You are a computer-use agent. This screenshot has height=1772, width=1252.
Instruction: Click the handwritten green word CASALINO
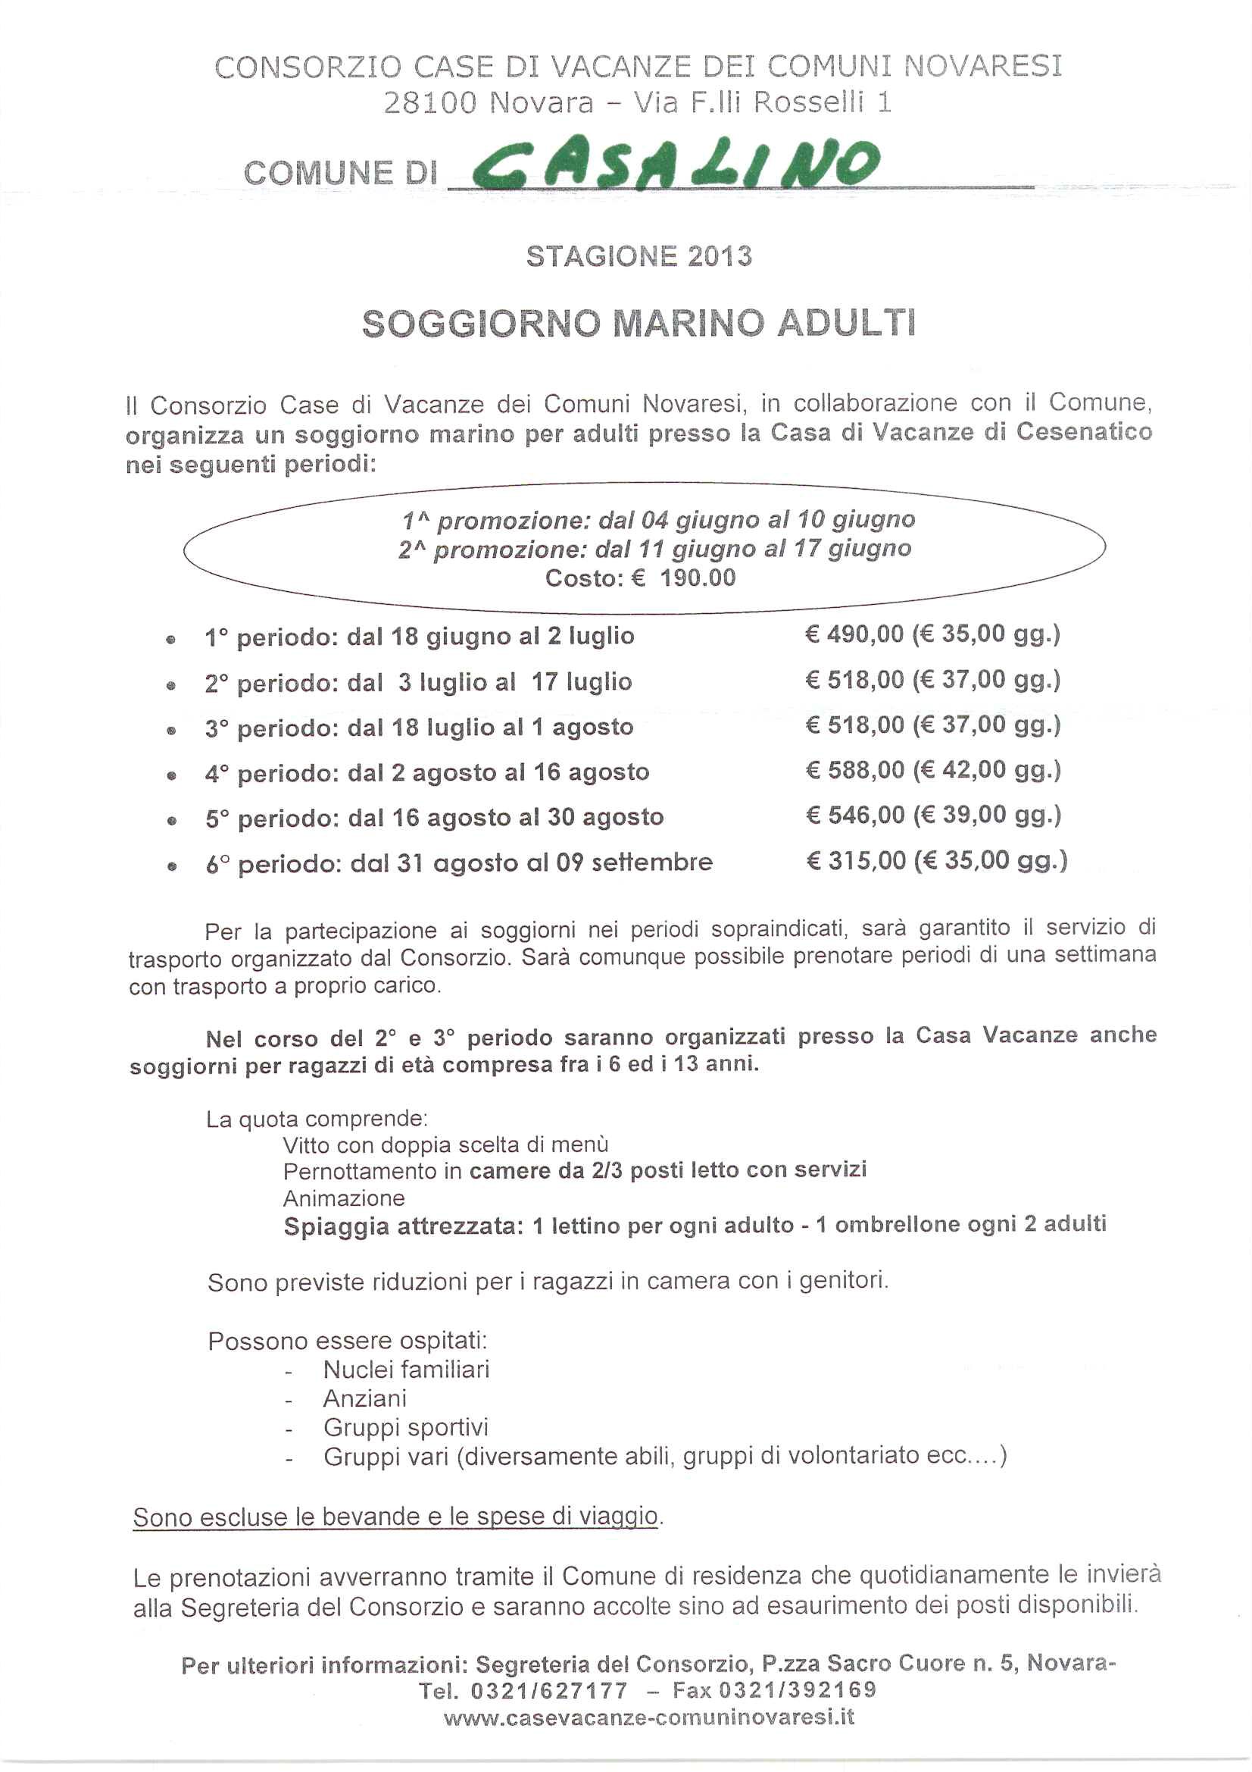click(675, 164)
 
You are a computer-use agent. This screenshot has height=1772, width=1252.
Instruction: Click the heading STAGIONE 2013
click(638, 256)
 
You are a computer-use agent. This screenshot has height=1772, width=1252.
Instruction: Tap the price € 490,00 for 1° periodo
click(854, 634)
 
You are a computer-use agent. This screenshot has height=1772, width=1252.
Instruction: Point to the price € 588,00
click(854, 769)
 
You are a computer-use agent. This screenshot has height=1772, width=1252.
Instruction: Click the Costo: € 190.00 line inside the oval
click(640, 578)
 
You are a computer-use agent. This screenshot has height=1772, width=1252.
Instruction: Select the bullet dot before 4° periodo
click(171, 775)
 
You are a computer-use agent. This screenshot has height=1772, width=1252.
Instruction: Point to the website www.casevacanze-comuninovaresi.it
click(649, 1717)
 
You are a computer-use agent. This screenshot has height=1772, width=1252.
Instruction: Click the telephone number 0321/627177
click(548, 1690)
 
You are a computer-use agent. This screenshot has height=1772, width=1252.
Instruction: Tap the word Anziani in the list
click(365, 1398)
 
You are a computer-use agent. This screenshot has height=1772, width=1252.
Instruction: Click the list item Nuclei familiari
click(406, 1369)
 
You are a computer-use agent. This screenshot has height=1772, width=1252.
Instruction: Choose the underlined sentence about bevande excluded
click(395, 1517)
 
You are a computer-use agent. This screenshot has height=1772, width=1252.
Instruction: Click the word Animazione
click(343, 1198)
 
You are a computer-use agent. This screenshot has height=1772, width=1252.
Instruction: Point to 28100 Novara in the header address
click(489, 102)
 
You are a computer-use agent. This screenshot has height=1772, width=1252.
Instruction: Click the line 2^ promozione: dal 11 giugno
click(654, 549)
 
